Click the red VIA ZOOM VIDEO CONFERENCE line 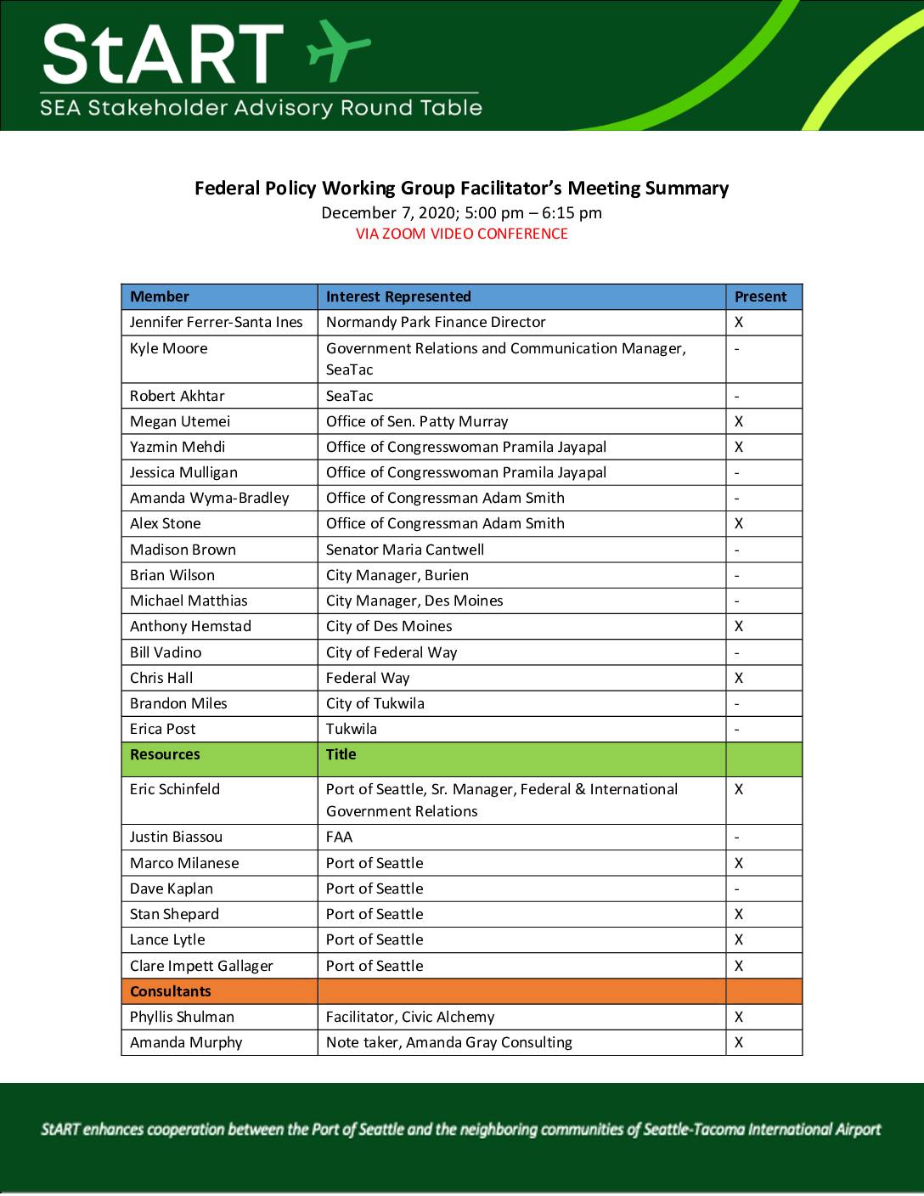point(461,234)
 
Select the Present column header point(760,296)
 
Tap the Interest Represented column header point(397,296)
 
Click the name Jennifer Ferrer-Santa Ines point(216,322)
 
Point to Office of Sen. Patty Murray point(416,421)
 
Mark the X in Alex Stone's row point(739,523)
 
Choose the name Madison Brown point(183,550)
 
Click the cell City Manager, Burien point(397,575)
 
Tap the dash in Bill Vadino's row point(737,652)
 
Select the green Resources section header point(165,754)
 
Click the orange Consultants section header point(170,991)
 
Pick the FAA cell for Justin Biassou point(339,837)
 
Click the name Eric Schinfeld point(174,789)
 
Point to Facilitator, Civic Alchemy point(409,1017)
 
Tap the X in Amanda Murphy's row point(739,1042)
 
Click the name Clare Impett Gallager point(201,966)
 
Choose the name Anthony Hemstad point(190,626)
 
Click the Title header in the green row point(341,754)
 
